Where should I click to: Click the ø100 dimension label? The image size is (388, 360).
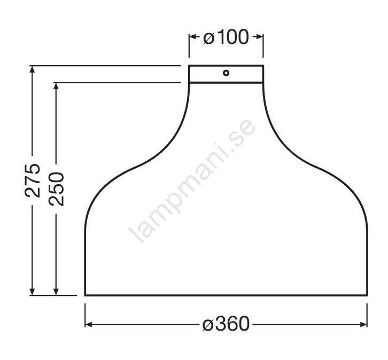pyautogui.click(x=226, y=37)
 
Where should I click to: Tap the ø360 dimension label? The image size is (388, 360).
pyautogui.click(x=226, y=324)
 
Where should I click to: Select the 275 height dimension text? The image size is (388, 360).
pyautogui.click(x=33, y=180)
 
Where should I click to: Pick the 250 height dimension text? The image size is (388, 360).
pyautogui.click(x=57, y=189)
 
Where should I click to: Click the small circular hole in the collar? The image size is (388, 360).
pyautogui.click(x=226, y=73)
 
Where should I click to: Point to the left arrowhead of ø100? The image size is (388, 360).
pyautogui.click(x=193, y=37)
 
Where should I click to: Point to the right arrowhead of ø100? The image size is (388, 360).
pyautogui.click(x=259, y=37)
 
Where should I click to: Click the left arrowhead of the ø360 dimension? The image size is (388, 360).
pyautogui.click(x=89, y=324)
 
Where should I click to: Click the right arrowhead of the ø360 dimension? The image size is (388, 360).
pyautogui.click(x=363, y=324)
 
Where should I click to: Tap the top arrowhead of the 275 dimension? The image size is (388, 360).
pyautogui.click(x=32, y=69)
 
